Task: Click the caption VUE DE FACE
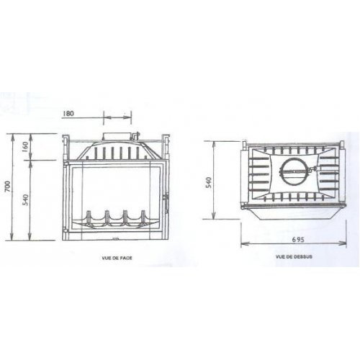pyautogui.click(x=118, y=256)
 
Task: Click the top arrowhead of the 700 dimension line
pyautogui.click(x=17, y=136)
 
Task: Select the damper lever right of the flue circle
pyautogui.click(x=312, y=173)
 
